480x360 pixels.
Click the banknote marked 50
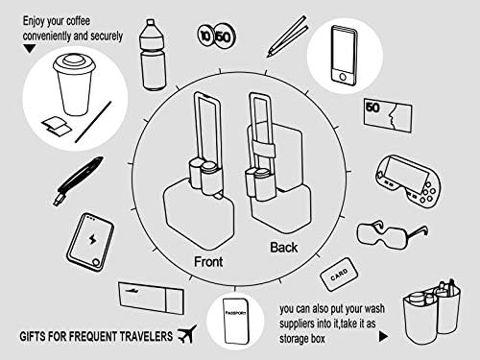pos(387,121)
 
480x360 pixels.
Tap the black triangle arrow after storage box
pos(383,337)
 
